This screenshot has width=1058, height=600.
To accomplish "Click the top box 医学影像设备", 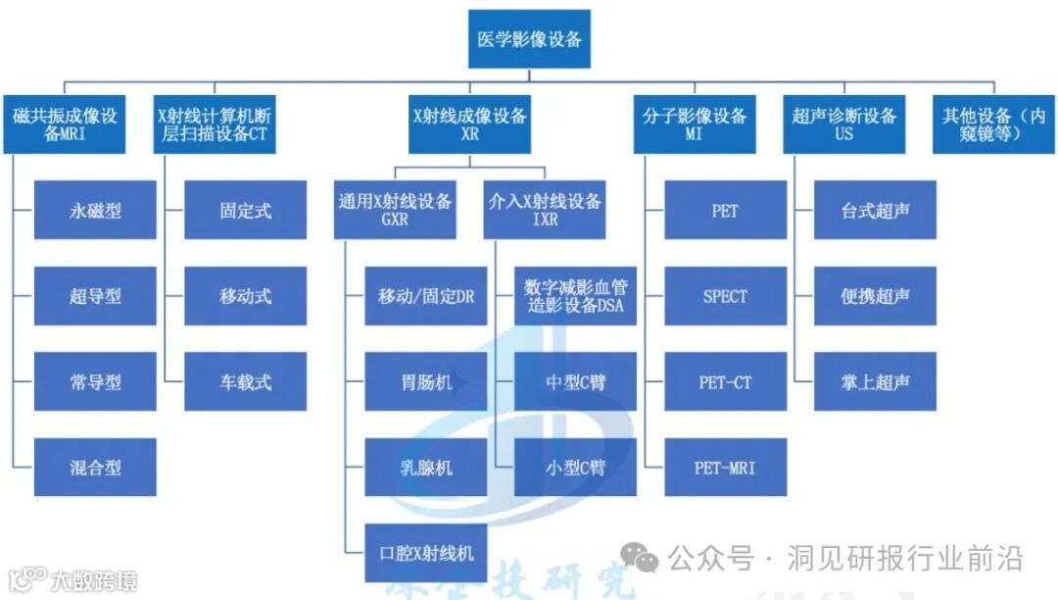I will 529,39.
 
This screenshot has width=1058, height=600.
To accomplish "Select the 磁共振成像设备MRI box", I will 65,125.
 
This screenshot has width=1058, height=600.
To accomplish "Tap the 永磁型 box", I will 95,210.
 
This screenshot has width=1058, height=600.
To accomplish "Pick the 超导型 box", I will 95,296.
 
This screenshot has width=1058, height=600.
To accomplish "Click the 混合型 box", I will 95,467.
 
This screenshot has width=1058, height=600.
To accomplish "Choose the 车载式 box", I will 246,381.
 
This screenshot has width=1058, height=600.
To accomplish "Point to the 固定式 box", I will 246,210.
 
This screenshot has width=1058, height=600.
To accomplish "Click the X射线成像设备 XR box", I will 469,125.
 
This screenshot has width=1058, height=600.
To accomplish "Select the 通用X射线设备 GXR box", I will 395,210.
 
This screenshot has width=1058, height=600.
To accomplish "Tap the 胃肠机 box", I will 426,381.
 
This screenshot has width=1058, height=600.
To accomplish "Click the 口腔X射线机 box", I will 426,553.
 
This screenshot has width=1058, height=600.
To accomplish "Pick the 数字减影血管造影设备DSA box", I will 575,296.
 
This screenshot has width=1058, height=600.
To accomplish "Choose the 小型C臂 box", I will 575,467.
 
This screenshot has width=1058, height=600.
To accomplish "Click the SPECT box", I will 725,296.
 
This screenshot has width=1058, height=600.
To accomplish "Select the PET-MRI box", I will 725,467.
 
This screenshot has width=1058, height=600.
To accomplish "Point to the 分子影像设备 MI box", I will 695,125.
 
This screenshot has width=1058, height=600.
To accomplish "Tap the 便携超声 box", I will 875,296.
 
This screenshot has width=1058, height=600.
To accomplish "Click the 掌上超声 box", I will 875,381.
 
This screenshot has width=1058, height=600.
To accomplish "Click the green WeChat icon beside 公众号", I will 646,559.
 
